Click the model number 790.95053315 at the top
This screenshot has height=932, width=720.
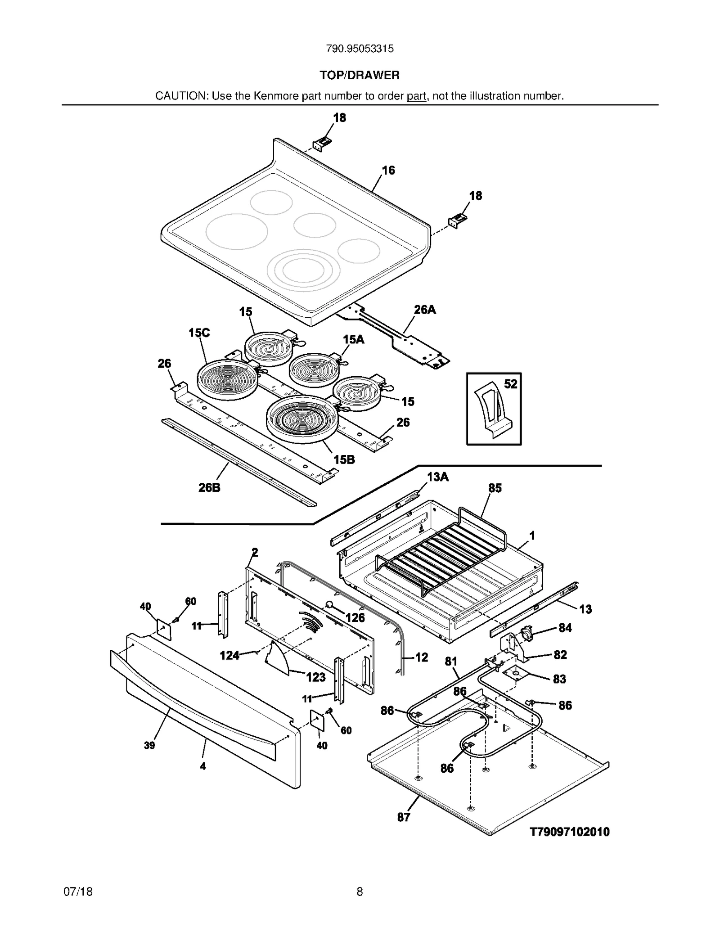pyautogui.click(x=360, y=49)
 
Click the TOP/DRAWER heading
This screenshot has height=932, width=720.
pyautogui.click(x=360, y=75)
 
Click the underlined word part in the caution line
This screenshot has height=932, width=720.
pyautogui.click(x=416, y=96)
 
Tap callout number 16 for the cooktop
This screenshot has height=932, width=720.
pyautogui.click(x=388, y=170)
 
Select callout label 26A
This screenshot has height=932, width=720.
pyautogui.click(x=424, y=310)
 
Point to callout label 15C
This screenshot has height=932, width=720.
pyautogui.click(x=199, y=333)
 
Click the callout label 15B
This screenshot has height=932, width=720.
pyautogui.click(x=344, y=459)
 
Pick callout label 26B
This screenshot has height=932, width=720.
pyautogui.click(x=209, y=487)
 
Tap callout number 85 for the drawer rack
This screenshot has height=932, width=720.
pyautogui.click(x=495, y=488)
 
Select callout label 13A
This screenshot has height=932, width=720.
pyautogui.click(x=437, y=477)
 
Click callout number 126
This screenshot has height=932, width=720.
pyautogui.click(x=355, y=617)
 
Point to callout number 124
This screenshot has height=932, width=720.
pyautogui.click(x=229, y=655)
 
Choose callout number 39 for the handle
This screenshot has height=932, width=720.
pyautogui.click(x=149, y=745)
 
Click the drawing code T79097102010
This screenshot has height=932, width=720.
pyautogui.click(x=569, y=832)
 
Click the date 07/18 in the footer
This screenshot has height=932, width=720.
pyautogui.click(x=78, y=891)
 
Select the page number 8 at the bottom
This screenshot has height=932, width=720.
pyautogui.click(x=360, y=891)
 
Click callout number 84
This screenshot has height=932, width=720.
pyautogui.click(x=565, y=628)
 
